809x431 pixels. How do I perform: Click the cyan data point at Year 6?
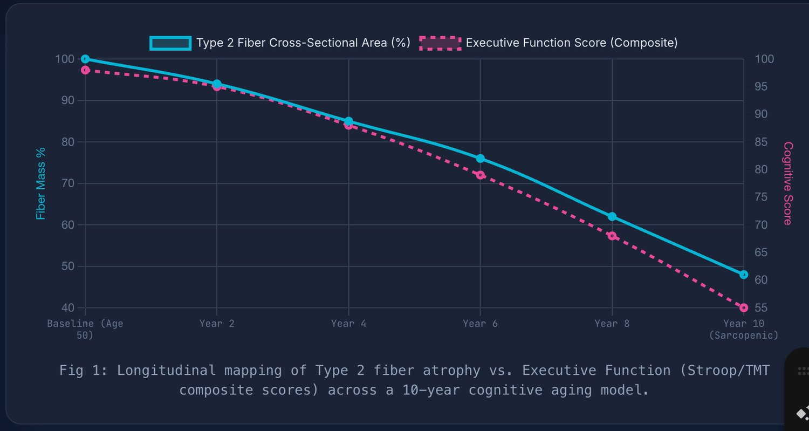[480, 159]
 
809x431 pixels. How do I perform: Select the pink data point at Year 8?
[612, 236]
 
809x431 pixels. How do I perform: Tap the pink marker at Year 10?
[744, 307]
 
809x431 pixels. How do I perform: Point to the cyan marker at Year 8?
[612, 217]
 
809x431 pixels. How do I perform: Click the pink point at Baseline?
[85, 70]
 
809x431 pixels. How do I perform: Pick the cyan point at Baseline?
[85, 59]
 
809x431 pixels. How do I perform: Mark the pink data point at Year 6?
[480, 175]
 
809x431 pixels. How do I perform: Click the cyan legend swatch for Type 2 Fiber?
[170, 43]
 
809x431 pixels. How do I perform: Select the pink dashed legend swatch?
[440, 43]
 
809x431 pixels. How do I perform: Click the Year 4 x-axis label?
[348, 324]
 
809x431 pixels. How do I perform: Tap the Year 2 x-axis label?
[217, 324]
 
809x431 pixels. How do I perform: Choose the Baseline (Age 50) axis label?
[85, 329]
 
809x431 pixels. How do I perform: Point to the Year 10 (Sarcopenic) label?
[744, 329]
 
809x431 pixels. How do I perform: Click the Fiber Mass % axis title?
[41, 183]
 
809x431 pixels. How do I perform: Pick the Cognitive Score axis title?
[788, 183]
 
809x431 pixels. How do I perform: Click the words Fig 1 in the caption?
[81, 371]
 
